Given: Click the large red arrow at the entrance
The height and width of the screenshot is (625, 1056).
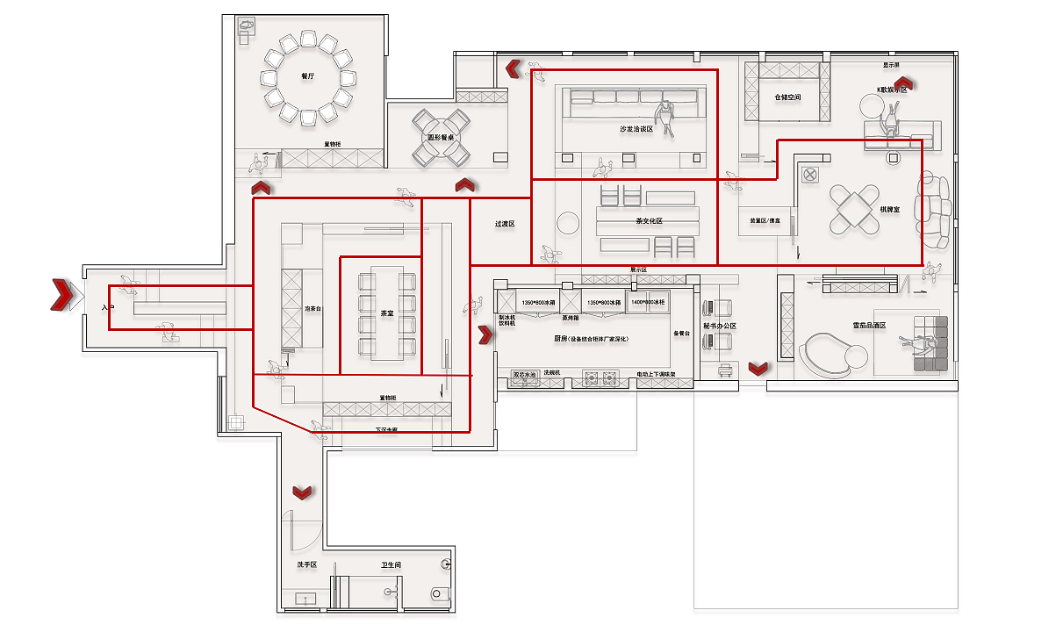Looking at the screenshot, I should [61, 295].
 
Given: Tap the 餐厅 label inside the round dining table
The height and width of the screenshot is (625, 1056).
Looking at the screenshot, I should [307, 76].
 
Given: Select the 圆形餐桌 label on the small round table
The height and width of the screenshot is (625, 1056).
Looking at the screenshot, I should [441, 138].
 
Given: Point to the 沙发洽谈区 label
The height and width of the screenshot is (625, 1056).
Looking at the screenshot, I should [636, 128].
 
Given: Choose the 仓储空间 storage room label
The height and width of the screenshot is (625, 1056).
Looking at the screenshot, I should [787, 97].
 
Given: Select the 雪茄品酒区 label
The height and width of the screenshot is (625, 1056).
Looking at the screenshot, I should [869, 325].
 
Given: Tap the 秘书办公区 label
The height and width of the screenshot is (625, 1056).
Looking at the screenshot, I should [719, 327].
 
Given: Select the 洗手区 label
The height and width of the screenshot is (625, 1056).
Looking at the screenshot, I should [306, 564].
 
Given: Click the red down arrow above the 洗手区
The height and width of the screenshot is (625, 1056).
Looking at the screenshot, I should [302, 492].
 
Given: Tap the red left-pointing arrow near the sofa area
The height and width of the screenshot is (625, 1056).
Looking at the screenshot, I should [513, 68].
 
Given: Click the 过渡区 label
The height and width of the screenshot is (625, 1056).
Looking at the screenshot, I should [504, 224].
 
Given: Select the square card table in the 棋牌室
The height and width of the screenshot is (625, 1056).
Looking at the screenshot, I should [855, 209].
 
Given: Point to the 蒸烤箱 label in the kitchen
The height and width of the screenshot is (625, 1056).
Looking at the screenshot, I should [571, 318].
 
